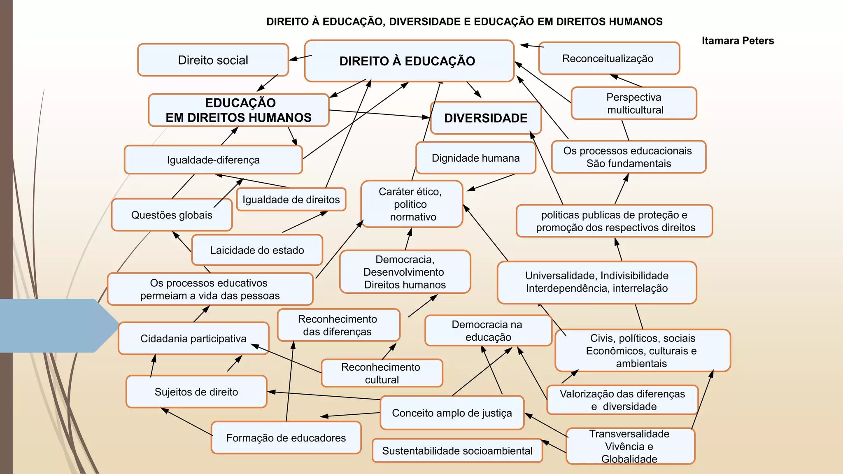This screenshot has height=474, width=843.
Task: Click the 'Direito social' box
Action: pos(213,60)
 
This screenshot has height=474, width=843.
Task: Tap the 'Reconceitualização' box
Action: pos(608,58)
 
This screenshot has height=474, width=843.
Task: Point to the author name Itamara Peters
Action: pos(738,41)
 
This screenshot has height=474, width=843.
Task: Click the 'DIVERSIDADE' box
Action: pos(486,118)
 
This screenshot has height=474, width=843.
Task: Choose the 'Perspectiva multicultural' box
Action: pos(634,103)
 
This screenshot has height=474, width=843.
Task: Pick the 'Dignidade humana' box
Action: pos(475,158)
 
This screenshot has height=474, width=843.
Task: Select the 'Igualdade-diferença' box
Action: pos(213,160)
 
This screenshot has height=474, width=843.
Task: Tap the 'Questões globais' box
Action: pos(172,215)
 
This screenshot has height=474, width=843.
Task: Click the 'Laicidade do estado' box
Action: pos(257,250)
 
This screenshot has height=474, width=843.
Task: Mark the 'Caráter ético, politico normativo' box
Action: pos(411,204)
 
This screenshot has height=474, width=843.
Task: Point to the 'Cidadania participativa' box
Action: pos(193,339)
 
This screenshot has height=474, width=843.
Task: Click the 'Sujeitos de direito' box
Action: pos(196,392)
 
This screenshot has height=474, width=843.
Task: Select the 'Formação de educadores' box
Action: pos(286,438)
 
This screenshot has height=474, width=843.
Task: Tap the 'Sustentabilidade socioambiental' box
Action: pos(457,451)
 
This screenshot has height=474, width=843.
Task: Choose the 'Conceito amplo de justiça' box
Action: pos(452,413)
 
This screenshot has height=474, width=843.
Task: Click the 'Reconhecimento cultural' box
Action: pos(381,373)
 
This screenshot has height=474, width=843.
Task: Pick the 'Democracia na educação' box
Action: pos(488,331)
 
